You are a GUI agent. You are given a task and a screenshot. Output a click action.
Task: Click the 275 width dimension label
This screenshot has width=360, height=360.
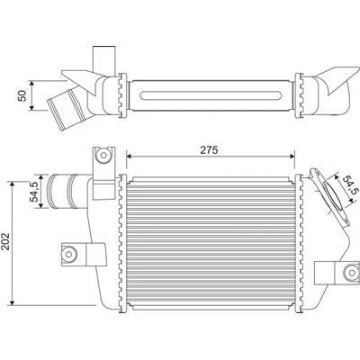coord(209,150)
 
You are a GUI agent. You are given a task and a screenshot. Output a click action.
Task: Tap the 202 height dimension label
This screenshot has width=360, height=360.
coord(6,241)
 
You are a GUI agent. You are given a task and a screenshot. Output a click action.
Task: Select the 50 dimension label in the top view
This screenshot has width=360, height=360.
coord(22,95)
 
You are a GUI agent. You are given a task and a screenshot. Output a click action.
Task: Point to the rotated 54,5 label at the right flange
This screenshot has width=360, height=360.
coord(350,185)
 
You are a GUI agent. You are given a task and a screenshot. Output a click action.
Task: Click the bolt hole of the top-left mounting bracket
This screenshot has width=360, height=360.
coord(103,155)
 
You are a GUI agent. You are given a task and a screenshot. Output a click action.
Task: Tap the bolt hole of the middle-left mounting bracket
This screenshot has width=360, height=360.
coord(69,254)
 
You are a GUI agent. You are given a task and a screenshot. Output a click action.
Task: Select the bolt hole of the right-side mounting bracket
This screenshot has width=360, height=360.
coord(351,273)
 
